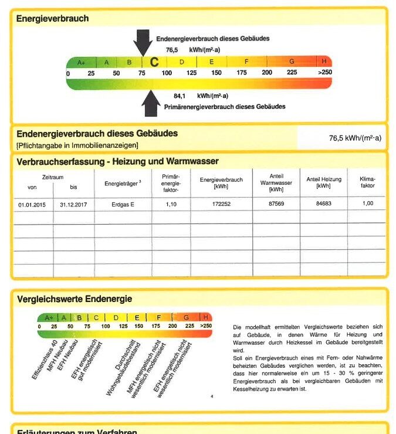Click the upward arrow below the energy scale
[151, 104]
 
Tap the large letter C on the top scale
[154, 62]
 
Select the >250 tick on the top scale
[324, 73]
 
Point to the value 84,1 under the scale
[180, 96]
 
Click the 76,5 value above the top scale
[172, 50]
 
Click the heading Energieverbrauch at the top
[52, 19]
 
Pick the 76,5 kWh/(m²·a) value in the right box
[355, 138]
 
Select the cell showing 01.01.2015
[32, 204]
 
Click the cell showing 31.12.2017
[73, 204]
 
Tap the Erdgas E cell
[123, 204]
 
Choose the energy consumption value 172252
[221, 204]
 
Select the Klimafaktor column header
[368, 182]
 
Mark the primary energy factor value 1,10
[171, 204]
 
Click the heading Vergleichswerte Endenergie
[75, 299]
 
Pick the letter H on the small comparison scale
[206, 317]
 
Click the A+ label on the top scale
[82, 62]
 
